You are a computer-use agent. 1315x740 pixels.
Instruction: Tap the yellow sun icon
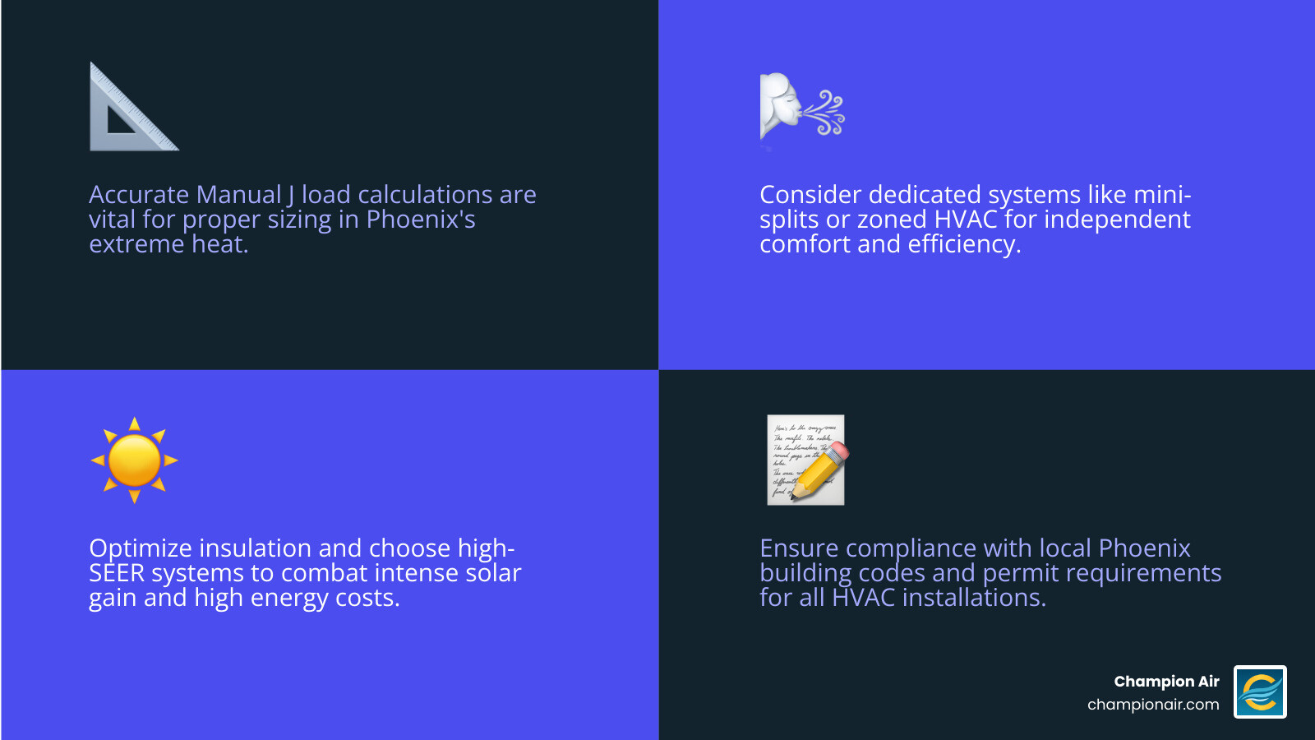coord(135,460)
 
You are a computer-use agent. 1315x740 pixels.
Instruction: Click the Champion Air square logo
coord(1260,691)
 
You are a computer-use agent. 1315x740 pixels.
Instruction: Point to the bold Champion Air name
coord(1166,682)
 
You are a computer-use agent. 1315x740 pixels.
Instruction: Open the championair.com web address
coord(1153,705)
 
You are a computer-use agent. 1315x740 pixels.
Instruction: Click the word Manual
coord(238,195)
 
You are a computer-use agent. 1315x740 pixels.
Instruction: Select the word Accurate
coord(139,195)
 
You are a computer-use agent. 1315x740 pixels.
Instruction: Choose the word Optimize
coord(140,548)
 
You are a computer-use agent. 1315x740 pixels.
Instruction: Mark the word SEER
coord(117,573)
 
